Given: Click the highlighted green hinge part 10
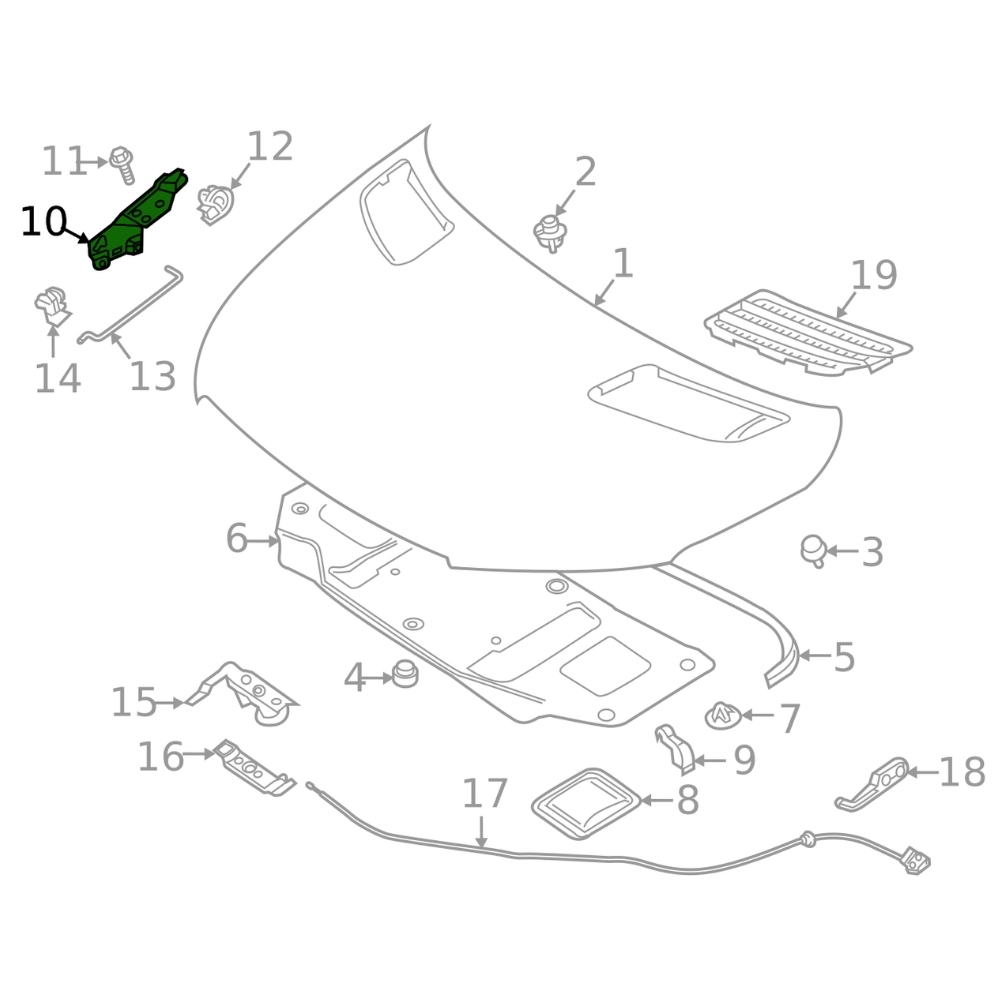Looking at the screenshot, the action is coord(137,220).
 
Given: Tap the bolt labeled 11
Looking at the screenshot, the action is coord(122,165).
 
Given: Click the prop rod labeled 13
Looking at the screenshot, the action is coord(130,304).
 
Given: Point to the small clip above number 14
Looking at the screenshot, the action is coord(52,306).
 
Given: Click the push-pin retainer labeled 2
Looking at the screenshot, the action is coord(550,233).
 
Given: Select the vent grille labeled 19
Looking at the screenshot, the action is coord(808,332).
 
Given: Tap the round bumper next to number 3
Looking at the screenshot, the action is coord(814,550).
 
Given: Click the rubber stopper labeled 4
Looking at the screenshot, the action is coord(405,674).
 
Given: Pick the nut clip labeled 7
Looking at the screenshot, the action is coord(723,716).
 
